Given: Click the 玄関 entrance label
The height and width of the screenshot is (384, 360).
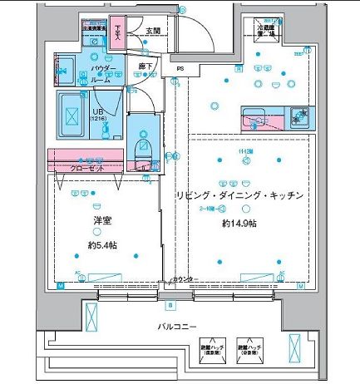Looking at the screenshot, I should [153, 32].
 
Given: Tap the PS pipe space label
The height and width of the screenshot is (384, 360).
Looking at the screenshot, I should [179, 68].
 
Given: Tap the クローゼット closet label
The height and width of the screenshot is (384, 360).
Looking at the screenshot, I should [87, 168].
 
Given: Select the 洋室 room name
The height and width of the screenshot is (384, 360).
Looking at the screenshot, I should [103, 222].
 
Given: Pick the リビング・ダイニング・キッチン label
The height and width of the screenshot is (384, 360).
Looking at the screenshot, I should [237, 194].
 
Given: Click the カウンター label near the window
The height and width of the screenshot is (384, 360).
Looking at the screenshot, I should [185, 279].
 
